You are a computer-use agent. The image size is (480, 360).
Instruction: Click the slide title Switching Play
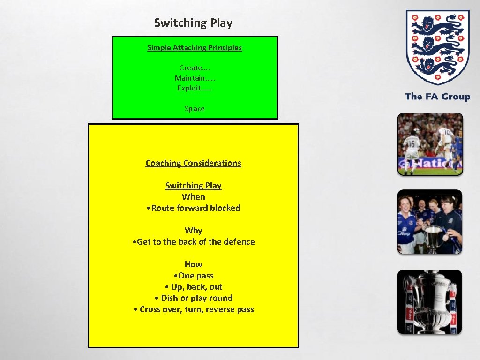click(x=193, y=22)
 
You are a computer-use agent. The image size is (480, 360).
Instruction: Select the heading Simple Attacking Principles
click(x=195, y=47)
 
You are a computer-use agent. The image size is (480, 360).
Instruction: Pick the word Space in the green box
click(x=195, y=108)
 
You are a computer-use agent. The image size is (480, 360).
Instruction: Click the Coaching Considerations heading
click(x=193, y=163)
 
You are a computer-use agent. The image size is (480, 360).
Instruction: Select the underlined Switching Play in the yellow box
click(x=193, y=186)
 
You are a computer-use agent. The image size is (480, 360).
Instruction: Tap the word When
click(x=194, y=197)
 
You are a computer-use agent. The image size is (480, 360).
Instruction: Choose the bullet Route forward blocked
click(x=194, y=208)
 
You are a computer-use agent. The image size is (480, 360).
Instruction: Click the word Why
click(x=193, y=231)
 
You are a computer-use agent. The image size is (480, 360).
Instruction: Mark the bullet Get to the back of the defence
click(x=194, y=242)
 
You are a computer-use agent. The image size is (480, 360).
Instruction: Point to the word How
click(x=193, y=264)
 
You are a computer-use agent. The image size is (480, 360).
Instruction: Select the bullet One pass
click(x=194, y=276)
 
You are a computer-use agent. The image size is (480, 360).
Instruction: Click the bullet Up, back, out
click(x=194, y=287)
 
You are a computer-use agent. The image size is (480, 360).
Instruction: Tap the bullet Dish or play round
click(x=194, y=298)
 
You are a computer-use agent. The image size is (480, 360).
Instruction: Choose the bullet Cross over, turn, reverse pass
click(x=194, y=309)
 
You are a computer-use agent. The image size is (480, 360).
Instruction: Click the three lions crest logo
click(x=437, y=46)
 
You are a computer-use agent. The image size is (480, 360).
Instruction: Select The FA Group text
click(x=437, y=97)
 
